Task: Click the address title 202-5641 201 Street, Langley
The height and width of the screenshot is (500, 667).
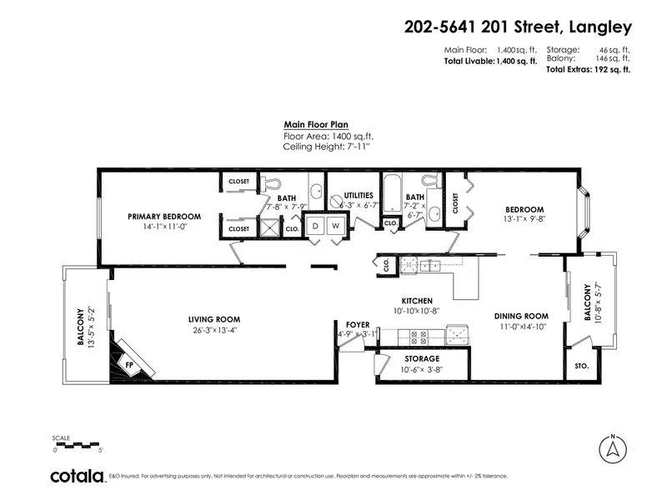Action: pyautogui.click(x=518, y=27)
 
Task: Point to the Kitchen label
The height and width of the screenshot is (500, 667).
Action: pyautogui.click(x=416, y=300)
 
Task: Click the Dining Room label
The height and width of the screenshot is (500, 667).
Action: pyautogui.click(x=521, y=316)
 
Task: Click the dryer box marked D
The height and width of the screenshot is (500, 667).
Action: pyautogui.click(x=316, y=226)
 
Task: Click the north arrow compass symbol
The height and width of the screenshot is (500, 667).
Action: pyautogui.click(x=613, y=450)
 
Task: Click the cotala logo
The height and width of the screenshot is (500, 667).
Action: pyautogui.click(x=77, y=477)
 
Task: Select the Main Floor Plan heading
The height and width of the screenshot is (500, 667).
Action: pyautogui.click(x=316, y=124)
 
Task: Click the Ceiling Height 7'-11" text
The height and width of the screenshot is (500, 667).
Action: pyautogui.click(x=326, y=146)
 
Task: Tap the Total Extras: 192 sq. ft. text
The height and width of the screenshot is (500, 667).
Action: pyautogui.click(x=588, y=70)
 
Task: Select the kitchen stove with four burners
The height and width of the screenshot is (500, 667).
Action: pyautogui.click(x=414, y=337)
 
